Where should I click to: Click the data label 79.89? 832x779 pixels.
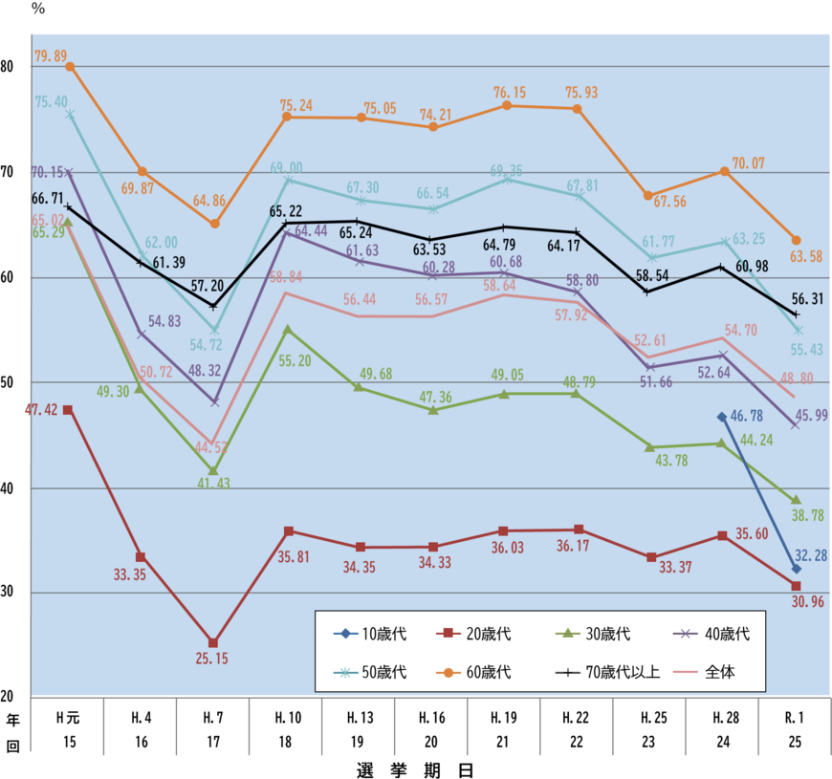click(x=50, y=56)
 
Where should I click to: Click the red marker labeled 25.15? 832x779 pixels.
click(x=213, y=642)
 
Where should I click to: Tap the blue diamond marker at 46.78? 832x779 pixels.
click(x=720, y=417)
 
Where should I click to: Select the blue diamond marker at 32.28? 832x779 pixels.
click(x=796, y=570)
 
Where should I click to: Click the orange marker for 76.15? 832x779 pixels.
click(x=506, y=105)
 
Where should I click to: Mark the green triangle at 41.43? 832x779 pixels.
click(x=213, y=471)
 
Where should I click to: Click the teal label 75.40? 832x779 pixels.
click(x=51, y=101)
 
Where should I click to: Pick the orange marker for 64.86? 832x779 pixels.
click(x=214, y=224)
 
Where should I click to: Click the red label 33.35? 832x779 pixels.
click(x=130, y=575)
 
